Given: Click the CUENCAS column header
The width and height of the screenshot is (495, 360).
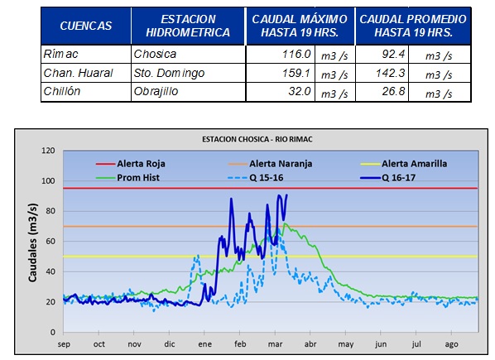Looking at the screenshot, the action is click(86, 26).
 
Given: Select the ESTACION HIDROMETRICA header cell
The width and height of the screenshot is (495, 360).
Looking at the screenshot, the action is click(188, 26).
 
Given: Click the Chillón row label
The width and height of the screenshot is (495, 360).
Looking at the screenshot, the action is click(62, 91).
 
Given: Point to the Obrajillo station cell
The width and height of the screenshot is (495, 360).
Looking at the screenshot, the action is click(156, 91).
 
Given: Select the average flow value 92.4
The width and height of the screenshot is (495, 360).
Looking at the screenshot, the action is click(393, 54).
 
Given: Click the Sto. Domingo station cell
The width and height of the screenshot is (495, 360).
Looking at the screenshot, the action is click(169, 73).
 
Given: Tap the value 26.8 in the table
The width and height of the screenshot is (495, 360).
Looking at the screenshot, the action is click(393, 91).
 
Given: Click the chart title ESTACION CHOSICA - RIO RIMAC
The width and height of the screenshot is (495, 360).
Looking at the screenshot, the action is click(257, 139).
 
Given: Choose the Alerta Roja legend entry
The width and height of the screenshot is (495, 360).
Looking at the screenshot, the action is click(131, 163).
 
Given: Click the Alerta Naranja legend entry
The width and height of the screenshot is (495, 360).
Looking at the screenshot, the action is click(270, 163).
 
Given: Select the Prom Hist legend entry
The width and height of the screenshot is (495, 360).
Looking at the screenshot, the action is click(127, 178).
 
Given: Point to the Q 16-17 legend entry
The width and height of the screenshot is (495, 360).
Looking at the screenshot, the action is click(387, 178).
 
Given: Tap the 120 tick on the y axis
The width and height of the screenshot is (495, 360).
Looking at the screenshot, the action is click(48, 151).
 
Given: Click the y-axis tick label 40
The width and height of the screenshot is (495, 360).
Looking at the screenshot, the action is click(50, 271).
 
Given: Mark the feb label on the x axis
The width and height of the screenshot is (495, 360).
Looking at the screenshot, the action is click(240, 344).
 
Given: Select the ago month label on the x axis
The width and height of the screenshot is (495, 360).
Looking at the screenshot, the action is click(451, 344).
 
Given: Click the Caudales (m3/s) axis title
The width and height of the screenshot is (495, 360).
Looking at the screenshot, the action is click(32, 242).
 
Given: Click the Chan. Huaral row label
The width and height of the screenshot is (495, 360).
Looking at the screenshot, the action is click(78, 73).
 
